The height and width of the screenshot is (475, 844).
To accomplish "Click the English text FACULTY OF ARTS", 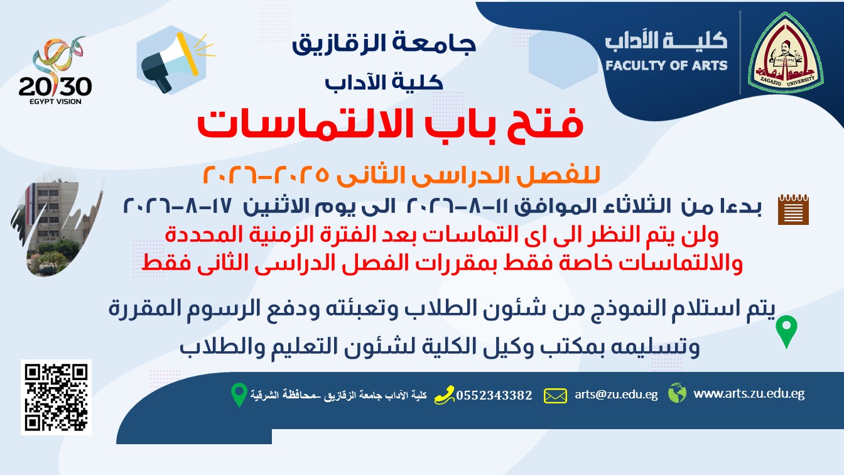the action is point(666,65).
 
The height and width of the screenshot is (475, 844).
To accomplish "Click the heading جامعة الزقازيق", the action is point(384,43).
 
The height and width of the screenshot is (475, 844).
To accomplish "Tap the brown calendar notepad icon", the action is point(793,209).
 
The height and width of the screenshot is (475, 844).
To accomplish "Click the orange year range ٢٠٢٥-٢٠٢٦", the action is point(266,175).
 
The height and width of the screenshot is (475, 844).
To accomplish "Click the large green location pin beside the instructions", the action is point(786,332).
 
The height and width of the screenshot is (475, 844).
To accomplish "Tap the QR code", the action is point(56,397).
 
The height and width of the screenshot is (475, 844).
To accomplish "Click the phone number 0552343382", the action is point(494,395).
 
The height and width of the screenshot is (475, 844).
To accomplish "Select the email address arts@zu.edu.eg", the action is point(616,395).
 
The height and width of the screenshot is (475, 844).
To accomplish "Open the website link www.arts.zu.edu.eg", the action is point(749,393).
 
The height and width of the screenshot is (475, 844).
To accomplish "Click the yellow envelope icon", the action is point(555,396).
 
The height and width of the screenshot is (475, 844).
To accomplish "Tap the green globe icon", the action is point(677,393).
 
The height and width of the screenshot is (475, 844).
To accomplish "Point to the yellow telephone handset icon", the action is point(444,395).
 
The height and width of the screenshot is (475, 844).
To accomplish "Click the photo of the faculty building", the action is point(57,223).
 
